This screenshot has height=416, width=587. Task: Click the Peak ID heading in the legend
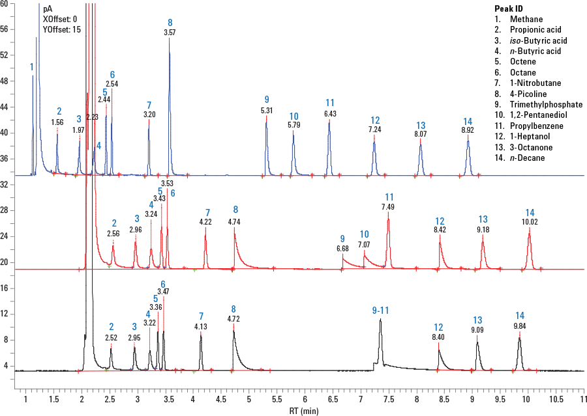(x=509, y=8)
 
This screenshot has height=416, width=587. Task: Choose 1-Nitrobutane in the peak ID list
(x=537, y=83)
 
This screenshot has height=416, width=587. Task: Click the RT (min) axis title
(x=305, y=411)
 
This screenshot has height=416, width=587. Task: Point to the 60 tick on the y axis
(x=5, y=4)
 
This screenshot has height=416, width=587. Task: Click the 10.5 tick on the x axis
(x=556, y=397)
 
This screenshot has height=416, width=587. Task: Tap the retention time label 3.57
(x=170, y=32)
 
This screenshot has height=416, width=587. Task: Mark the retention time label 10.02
(x=530, y=222)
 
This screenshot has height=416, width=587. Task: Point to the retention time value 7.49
(x=388, y=207)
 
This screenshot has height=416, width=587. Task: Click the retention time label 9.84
(x=520, y=326)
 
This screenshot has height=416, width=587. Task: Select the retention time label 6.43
(x=330, y=114)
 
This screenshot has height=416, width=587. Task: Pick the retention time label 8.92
(x=468, y=130)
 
